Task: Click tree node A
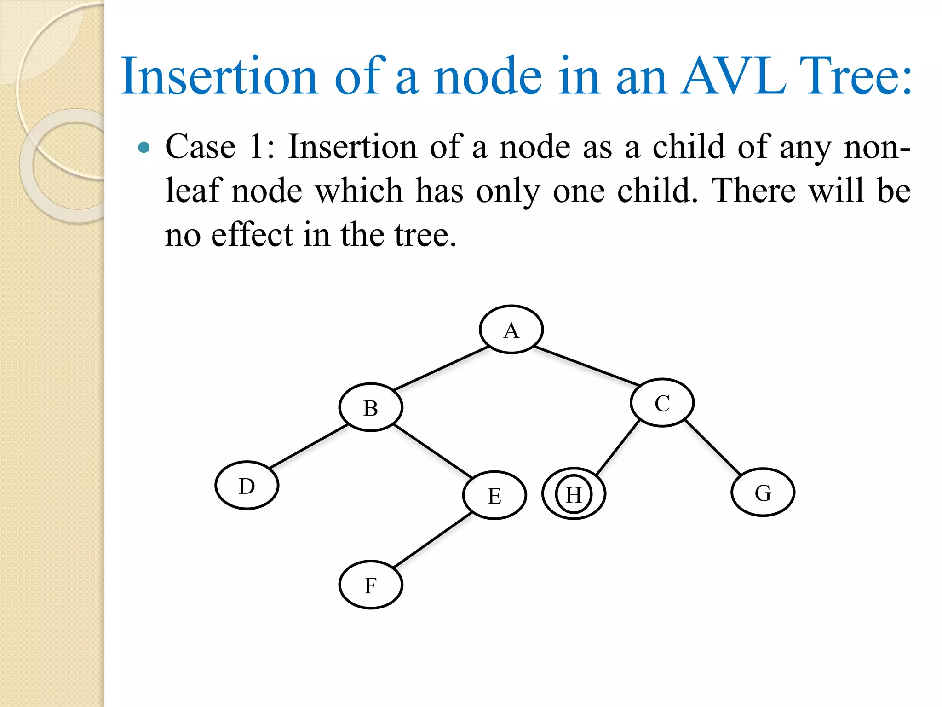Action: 511,330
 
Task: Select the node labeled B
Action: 371,407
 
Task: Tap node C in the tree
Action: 662,403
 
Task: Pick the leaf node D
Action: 247,486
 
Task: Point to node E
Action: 494,495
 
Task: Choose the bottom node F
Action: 371,585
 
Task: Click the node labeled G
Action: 763,493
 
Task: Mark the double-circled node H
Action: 574,494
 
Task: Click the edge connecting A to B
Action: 441,368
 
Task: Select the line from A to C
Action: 586,366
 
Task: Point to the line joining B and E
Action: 432,451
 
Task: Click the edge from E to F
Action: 432,540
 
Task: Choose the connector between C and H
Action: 618,448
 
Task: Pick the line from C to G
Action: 712,447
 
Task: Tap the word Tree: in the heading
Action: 856,76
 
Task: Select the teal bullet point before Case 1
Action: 144,147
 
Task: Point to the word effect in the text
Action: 252,234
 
